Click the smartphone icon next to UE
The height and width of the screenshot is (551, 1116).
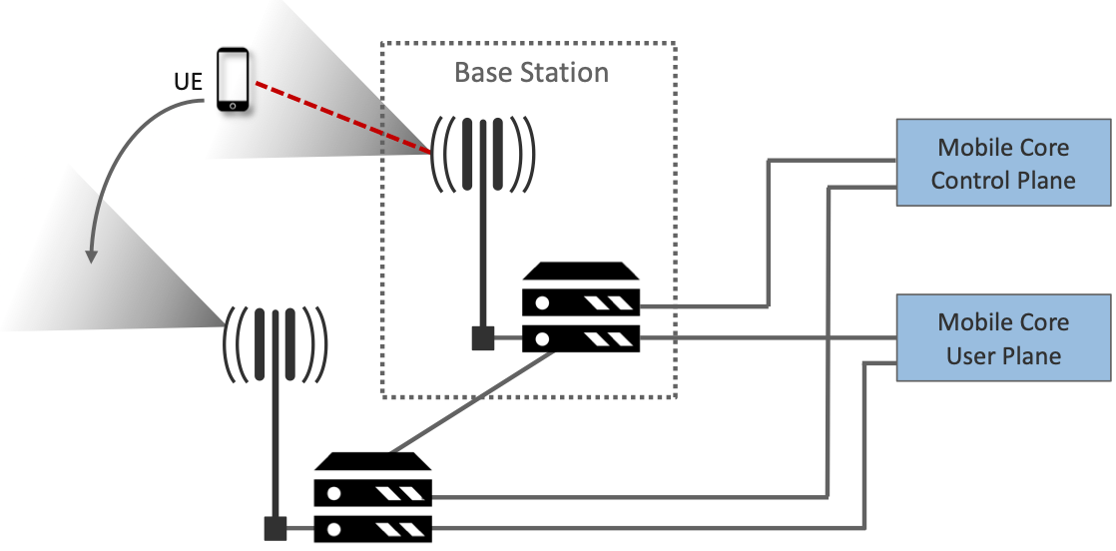pos(234,79)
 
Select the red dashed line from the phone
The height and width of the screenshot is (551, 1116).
pos(339,117)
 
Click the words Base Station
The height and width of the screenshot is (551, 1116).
pos(531,73)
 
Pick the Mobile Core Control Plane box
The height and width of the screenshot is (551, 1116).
pos(1003,163)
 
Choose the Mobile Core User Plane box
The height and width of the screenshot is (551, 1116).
pos(1003,337)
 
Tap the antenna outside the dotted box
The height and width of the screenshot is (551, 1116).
pos(274,344)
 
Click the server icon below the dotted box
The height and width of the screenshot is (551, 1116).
pos(372,496)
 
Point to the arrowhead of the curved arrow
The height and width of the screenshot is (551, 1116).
pos(91,257)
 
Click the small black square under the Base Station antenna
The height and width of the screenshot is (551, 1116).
pos(483,338)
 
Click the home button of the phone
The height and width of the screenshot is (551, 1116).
pos(234,102)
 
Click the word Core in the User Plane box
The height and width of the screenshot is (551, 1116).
pos(1043,322)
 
